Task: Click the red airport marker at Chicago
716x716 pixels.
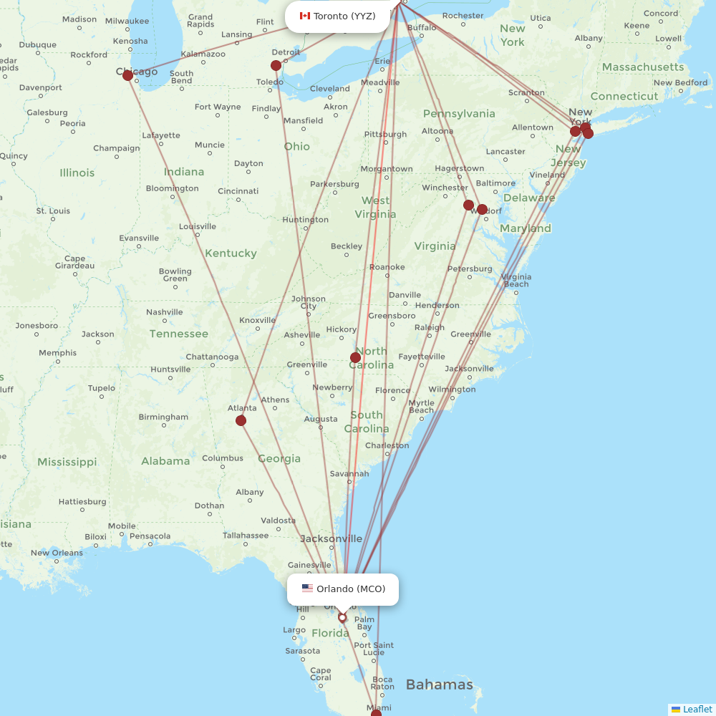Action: (x=127, y=74)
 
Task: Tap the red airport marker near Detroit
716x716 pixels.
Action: (x=276, y=65)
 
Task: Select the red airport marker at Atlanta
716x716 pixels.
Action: (x=241, y=420)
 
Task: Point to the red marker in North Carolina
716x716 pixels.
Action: (x=355, y=357)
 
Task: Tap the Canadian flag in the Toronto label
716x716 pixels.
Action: (x=305, y=16)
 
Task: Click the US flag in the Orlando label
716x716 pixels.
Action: (x=307, y=589)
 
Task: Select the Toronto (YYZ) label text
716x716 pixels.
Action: (x=344, y=16)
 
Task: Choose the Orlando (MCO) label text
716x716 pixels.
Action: (x=351, y=589)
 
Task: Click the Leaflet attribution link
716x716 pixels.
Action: (x=697, y=709)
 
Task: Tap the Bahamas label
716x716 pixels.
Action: (x=439, y=684)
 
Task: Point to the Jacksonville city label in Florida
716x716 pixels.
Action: (x=332, y=538)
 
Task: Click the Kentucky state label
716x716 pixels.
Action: (x=231, y=253)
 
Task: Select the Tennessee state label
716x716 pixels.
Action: (x=179, y=334)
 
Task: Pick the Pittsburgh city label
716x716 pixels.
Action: (x=385, y=134)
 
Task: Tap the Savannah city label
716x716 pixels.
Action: (x=349, y=473)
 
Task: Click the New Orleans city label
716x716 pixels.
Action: (x=57, y=553)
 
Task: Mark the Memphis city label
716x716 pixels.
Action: (x=58, y=352)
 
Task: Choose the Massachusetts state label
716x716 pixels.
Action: (x=643, y=67)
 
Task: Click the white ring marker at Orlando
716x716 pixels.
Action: (x=342, y=617)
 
